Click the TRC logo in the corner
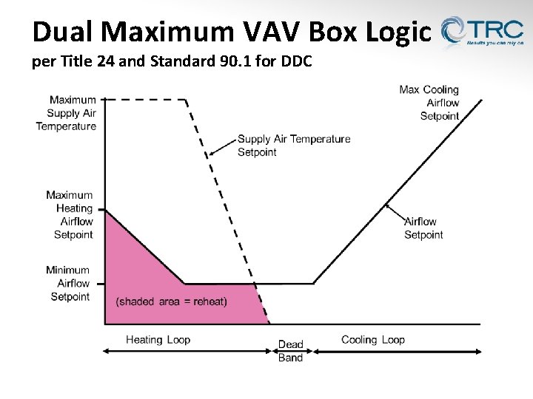pyautogui.click(x=482, y=33)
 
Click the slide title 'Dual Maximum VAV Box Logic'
pyautogui.click(x=231, y=32)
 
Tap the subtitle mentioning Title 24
pyautogui.click(x=172, y=62)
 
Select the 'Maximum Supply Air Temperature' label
pyautogui.click(x=67, y=113)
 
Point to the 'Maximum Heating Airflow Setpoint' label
pyautogui.click(x=70, y=215)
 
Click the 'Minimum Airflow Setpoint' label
pyautogui.click(x=68, y=284)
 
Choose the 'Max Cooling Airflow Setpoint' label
pyautogui.click(x=429, y=103)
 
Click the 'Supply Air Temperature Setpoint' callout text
pyautogui.click(x=294, y=146)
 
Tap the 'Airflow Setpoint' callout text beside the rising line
pyautogui.click(x=423, y=228)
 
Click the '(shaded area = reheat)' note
pyautogui.click(x=172, y=301)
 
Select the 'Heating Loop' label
pyautogui.click(x=158, y=340)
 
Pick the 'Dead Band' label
pyautogui.click(x=290, y=351)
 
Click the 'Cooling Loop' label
pyautogui.click(x=373, y=340)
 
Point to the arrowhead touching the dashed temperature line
pyautogui.click(x=210, y=154)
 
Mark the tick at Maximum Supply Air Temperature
pyautogui.click(x=104, y=99)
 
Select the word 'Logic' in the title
pyautogui.click(x=400, y=32)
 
